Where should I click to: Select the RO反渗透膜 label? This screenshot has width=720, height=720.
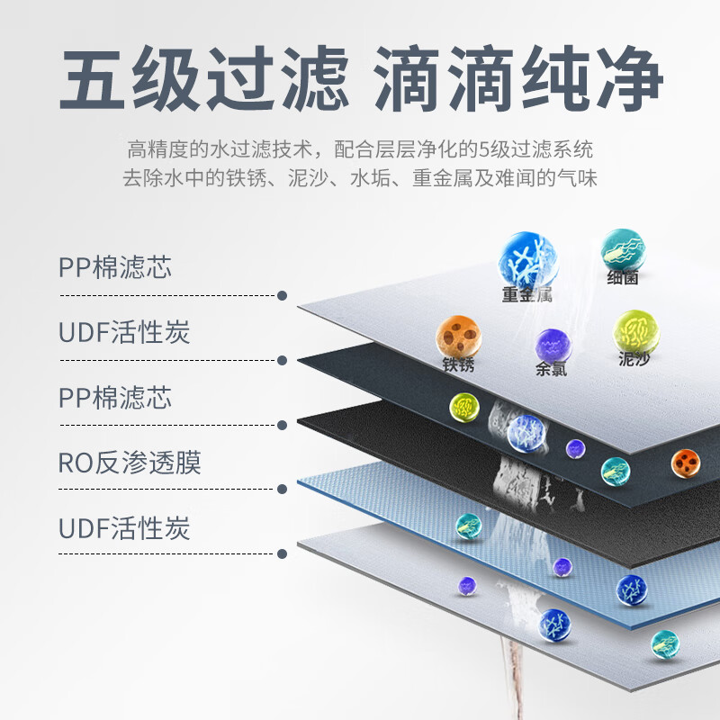[130, 463]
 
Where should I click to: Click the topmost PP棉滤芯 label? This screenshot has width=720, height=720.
[114, 268]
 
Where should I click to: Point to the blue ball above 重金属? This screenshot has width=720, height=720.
[528, 259]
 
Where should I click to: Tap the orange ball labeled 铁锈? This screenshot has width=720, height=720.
[458, 337]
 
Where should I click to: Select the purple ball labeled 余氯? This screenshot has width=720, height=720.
[553, 345]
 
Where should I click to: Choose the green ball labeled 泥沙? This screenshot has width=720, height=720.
[634, 332]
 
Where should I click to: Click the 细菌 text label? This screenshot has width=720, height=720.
[623, 278]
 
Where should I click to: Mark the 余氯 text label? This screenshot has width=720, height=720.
[552, 369]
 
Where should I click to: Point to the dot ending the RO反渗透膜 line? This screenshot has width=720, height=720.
[283, 490]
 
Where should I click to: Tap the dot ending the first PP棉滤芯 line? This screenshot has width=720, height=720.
[283, 295]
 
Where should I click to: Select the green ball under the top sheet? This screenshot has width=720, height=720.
[465, 408]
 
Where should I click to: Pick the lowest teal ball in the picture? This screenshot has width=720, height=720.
[664, 643]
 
